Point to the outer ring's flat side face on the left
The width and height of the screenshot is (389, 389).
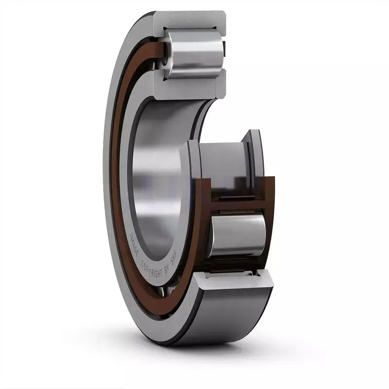click(109, 194)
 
